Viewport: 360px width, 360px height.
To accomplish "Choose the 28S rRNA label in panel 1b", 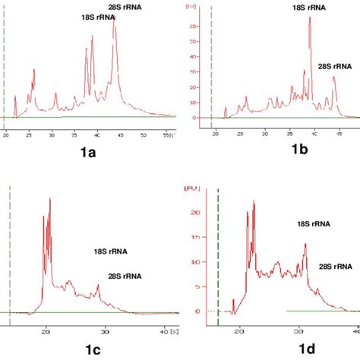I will coord(336,67).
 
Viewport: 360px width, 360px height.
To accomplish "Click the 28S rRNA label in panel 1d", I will coord(335,267).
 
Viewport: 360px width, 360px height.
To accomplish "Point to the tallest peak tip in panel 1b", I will coord(310,17).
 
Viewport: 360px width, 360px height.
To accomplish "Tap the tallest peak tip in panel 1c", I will coord(50,199).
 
